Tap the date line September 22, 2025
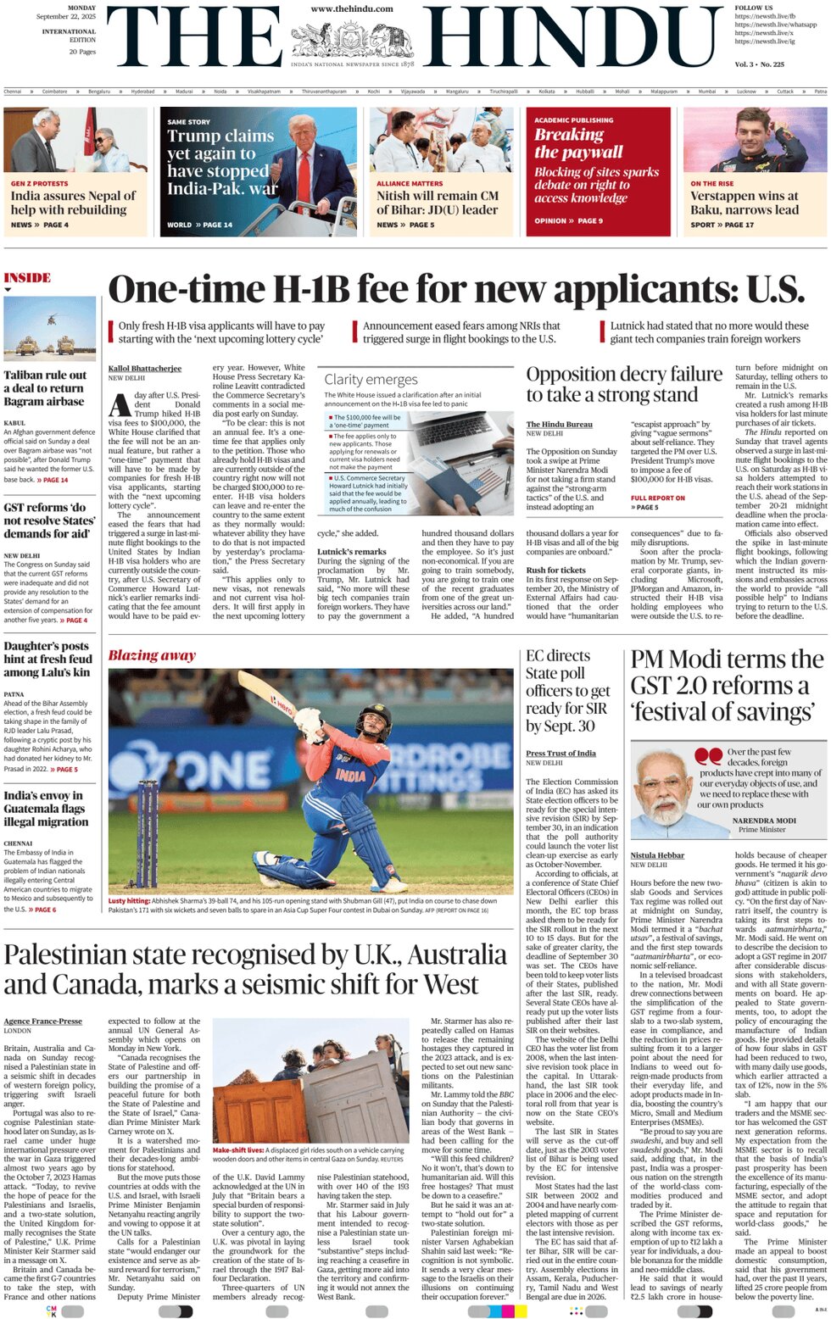[66, 16]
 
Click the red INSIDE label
[27, 278]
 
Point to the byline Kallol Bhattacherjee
[145, 369]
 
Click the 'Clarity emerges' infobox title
[371, 380]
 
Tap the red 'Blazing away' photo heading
[152, 655]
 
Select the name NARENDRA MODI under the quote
[764, 821]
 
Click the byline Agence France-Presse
[42, 1021]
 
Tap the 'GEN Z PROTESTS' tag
[39, 183]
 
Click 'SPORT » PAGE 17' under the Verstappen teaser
[722, 225]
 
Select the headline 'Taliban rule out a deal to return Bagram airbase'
[45, 388]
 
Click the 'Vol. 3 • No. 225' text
[759, 64]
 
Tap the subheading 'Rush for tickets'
[555, 570]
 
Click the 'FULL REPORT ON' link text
[657, 498]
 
